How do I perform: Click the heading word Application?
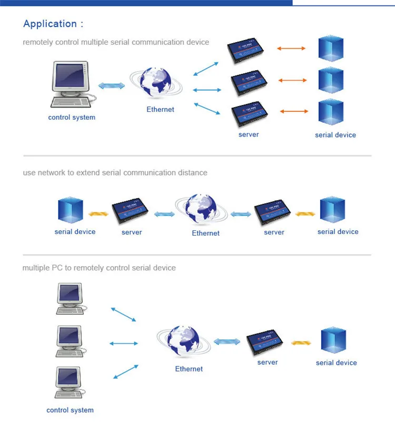[x=50, y=24]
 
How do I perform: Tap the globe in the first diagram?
[x=156, y=82]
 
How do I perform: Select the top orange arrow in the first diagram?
[x=291, y=48]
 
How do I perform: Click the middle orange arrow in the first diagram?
[x=292, y=80]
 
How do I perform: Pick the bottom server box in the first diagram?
[x=249, y=114]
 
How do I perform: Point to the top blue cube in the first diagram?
[x=331, y=48]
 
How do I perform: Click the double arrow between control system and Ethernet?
[x=112, y=86]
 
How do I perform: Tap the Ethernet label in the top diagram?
[x=160, y=110]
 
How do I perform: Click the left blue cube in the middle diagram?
[x=71, y=210]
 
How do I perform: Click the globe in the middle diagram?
[x=201, y=209]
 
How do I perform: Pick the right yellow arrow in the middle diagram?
[x=305, y=214]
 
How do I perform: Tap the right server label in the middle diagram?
[x=274, y=232]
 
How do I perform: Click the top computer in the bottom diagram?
[x=71, y=299]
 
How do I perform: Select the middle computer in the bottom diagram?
[x=71, y=341]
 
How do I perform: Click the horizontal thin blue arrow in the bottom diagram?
[x=124, y=343]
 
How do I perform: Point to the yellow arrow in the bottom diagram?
[x=301, y=343]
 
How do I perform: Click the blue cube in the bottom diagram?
[x=333, y=340]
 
